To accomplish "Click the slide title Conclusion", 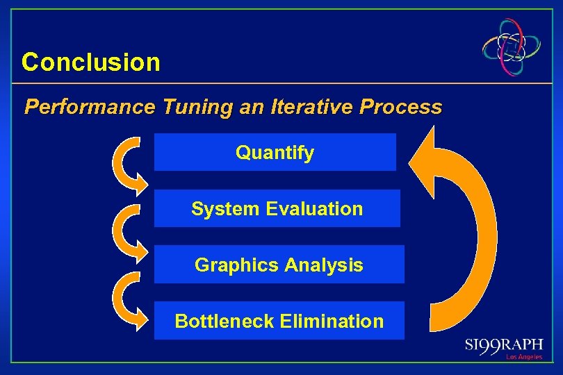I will (91, 62).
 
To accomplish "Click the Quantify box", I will (275, 153).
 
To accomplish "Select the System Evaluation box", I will (277, 208).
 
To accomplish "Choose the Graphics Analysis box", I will (279, 265).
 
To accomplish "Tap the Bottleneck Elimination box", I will (279, 321).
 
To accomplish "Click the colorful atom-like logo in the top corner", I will (513, 47).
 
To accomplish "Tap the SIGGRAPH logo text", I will (504, 345).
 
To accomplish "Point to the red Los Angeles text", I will (524, 358).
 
